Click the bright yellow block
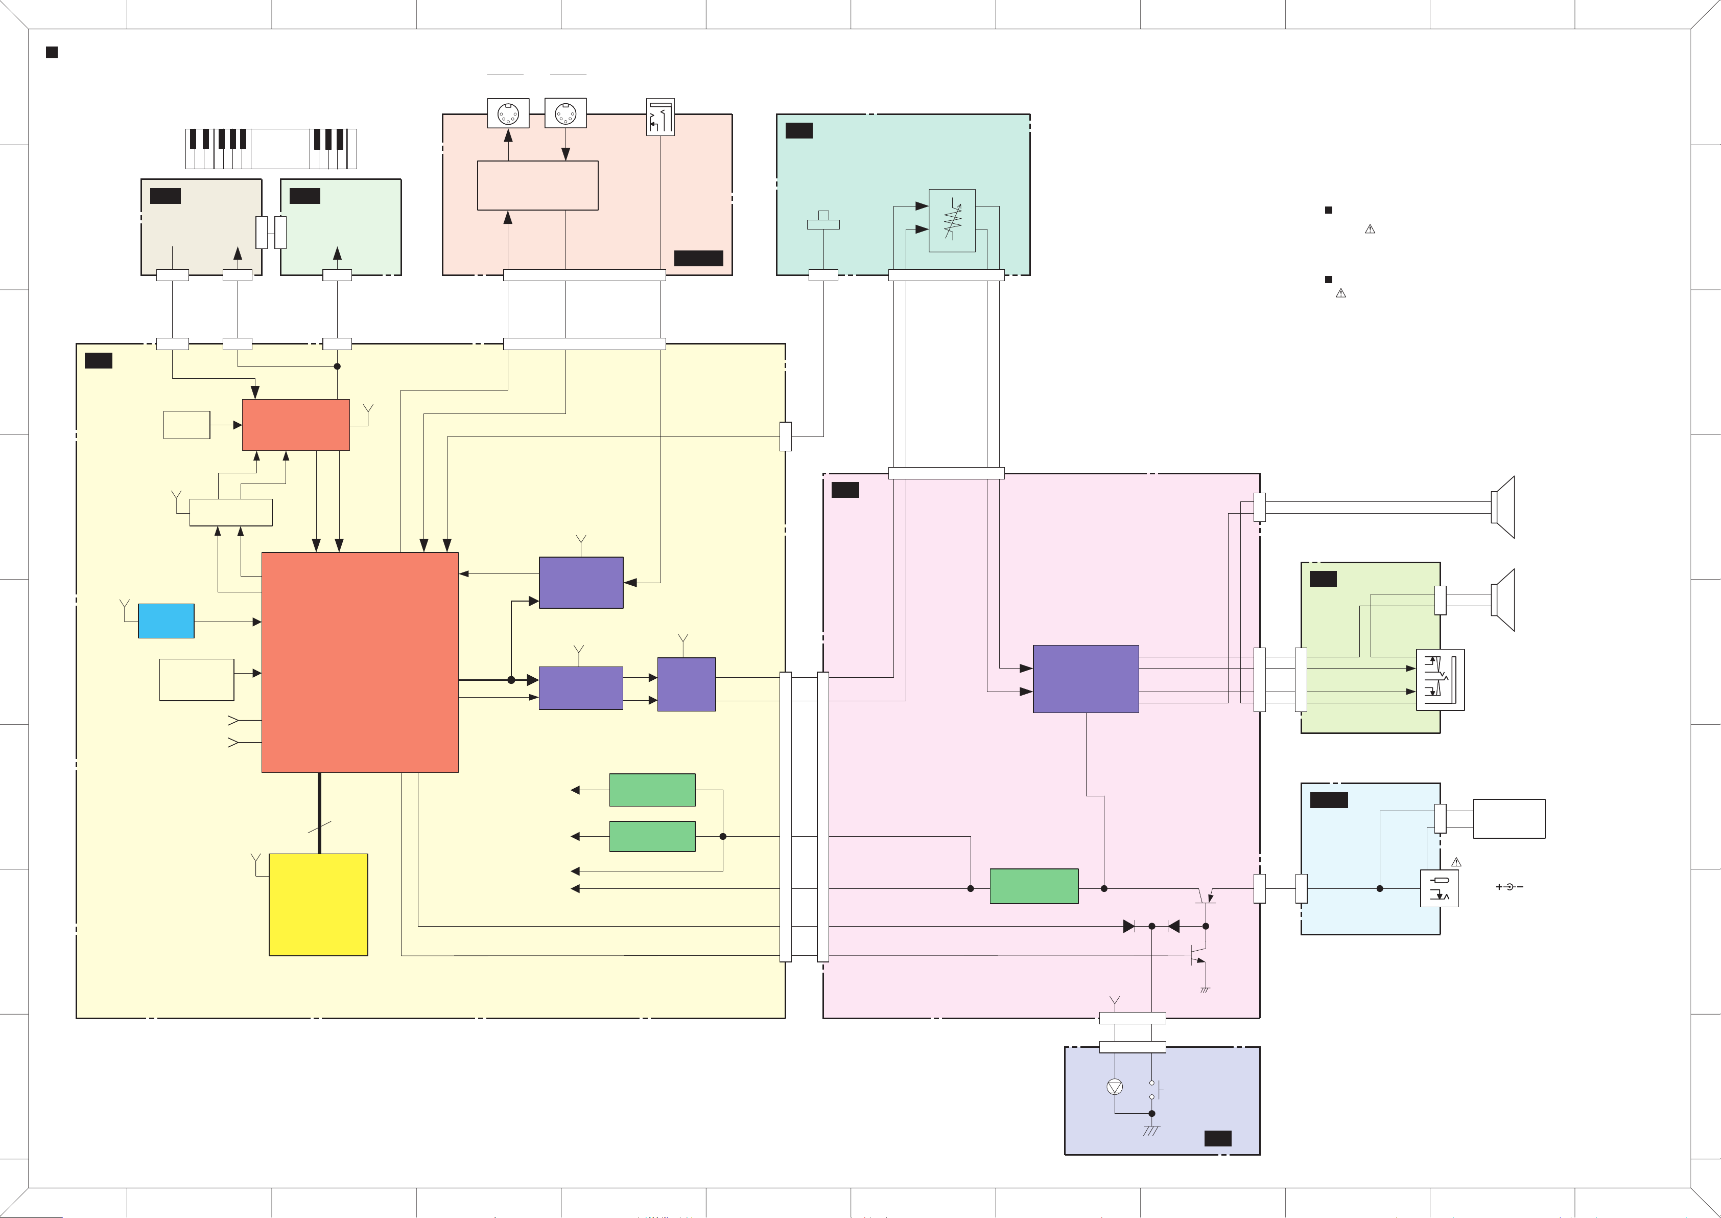(318, 905)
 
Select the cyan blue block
(166, 621)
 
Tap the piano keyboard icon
(271, 149)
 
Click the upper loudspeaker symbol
(1503, 507)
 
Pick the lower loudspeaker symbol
(1503, 600)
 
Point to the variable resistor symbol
(952, 220)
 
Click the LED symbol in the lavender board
(1115, 1087)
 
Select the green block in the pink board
(1033, 886)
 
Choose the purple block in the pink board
(1086, 679)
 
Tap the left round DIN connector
(508, 114)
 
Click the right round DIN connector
(565, 114)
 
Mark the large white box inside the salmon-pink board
(537, 185)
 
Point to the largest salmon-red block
(360, 662)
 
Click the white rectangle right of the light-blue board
(1509, 818)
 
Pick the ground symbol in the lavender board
(1151, 1130)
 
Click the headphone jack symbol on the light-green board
(1440, 679)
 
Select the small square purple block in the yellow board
(686, 684)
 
